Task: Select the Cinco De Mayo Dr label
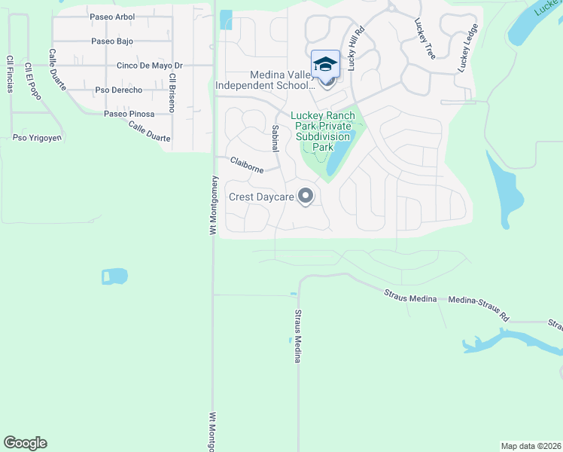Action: pyautogui.click(x=140, y=66)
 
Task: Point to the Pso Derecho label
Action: pyautogui.click(x=119, y=90)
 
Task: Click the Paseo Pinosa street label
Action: pyautogui.click(x=129, y=114)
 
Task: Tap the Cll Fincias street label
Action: pyautogui.click(x=10, y=74)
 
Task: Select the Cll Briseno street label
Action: pyautogui.click(x=172, y=93)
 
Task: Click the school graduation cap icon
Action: pyautogui.click(x=325, y=64)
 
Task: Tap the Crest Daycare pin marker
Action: pyautogui.click(x=305, y=197)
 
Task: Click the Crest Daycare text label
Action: pyautogui.click(x=261, y=197)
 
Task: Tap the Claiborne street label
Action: pyautogui.click(x=246, y=164)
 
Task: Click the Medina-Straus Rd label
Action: pyautogui.click(x=479, y=300)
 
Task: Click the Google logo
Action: pyautogui.click(x=25, y=443)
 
